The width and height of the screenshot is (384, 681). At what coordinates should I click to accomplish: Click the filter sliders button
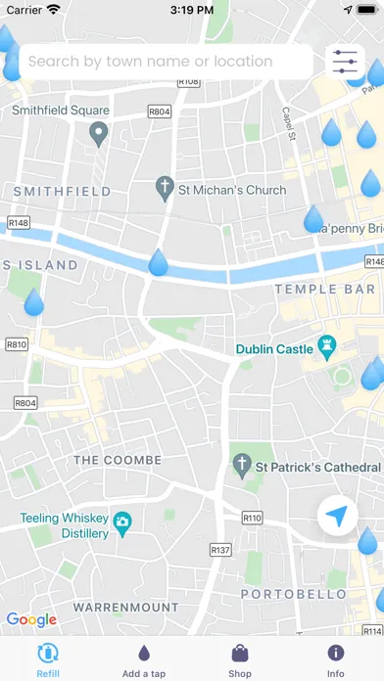pyautogui.click(x=346, y=62)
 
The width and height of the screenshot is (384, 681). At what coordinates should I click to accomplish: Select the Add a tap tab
pyautogui.click(x=144, y=659)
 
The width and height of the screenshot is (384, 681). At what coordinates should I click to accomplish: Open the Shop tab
pyautogui.click(x=240, y=659)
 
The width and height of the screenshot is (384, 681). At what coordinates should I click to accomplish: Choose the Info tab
pyautogui.click(x=336, y=659)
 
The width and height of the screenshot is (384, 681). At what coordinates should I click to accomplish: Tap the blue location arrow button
pyautogui.click(x=338, y=516)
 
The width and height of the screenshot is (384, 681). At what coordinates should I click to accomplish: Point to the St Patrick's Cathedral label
pyautogui.click(x=312, y=468)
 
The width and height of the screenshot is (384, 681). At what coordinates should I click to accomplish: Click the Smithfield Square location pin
pyautogui.click(x=97, y=134)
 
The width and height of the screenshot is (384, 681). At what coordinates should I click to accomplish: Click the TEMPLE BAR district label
pyautogui.click(x=324, y=290)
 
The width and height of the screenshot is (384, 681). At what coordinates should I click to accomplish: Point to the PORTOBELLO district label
pyautogui.click(x=293, y=594)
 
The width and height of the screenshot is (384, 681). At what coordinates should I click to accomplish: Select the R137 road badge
pyautogui.click(x=220, y=550)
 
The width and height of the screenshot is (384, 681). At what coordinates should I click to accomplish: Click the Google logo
pyautogui.click(x=31, y=619)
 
